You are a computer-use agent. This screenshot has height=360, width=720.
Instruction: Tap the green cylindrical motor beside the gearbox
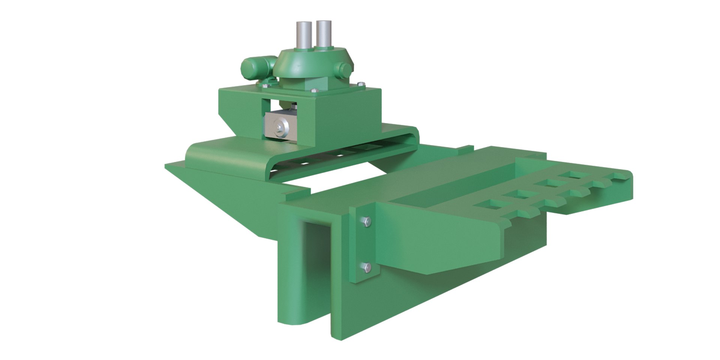pos(255,67)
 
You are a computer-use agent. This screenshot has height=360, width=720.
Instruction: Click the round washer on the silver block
pos(280,129)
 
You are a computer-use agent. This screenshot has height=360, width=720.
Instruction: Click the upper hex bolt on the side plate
pos(367,222)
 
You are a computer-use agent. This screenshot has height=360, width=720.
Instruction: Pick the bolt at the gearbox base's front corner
pos(313,90)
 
